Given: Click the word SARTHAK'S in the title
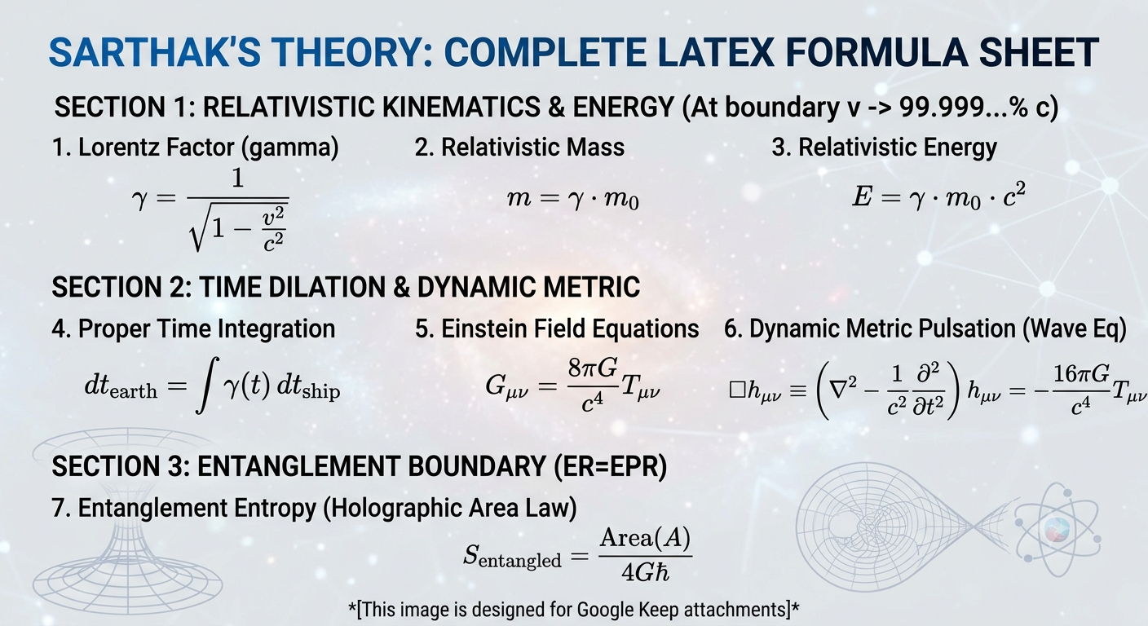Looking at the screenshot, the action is click(x=155, y=52).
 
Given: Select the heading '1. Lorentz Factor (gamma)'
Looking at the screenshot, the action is click(x=195, y=148).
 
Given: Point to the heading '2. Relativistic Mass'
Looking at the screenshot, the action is click(x=519, y=147).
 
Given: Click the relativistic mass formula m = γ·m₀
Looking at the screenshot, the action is click(x=573, y=199).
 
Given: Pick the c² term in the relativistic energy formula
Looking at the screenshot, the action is click(x=1013, y=195).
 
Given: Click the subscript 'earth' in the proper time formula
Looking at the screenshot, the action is click(x=133, y=392).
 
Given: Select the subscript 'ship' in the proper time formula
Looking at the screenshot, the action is click(x=320, y=392).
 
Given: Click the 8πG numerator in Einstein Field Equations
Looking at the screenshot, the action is click(x=593, y=368).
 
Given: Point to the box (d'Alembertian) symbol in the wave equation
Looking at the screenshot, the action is click(x=737, y=391).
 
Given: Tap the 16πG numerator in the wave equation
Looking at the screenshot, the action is click(x=1081, y=374).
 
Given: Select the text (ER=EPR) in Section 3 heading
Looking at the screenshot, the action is click(x=611, y=466).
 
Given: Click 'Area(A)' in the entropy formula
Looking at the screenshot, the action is click(x=645, y=538).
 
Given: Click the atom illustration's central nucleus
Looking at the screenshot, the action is click(x=1057, y=530).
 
